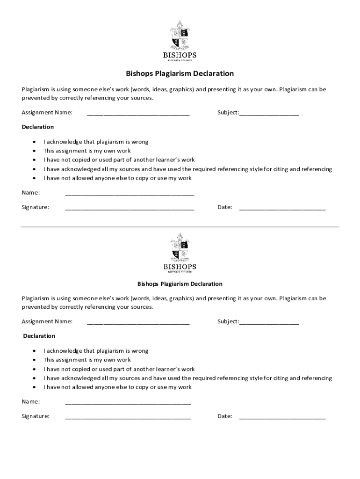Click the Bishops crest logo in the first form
click(x=180, y=36)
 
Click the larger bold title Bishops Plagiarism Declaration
click(x=180, y=74)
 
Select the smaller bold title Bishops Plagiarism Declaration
click(x=180, y=284)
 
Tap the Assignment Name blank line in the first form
click(x=138, y=114)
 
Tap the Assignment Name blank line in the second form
click(x=138, y=323)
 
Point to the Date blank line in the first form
click(x=282, y=208)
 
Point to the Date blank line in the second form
click(x=282, y=417)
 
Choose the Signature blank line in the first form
click(x=130, y=208)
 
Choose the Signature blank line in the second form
click(x=128, y=417)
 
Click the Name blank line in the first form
click(x=130, y=194)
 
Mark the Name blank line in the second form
click(x=128, y=403)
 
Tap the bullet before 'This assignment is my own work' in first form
click(x=35, y=151)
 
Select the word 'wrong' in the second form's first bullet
click(x=140, y=351)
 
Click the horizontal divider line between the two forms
click(x=180, y=227)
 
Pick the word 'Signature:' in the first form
click(x=36, y=207)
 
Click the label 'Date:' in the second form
click(x=225, y=416)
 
